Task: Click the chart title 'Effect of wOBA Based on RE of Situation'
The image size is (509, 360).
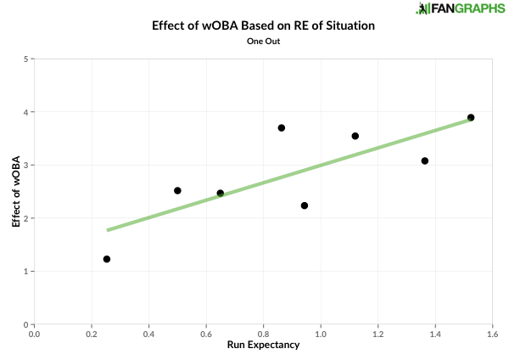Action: click(x=263, y=25)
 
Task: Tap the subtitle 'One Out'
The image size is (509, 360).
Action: click(x=263, y=42)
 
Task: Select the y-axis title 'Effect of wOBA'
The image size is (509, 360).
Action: click(x=16, y=191)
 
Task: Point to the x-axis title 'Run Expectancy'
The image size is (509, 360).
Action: click(x=263, y=346)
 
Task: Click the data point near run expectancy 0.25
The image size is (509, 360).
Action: click(x=107, y=259)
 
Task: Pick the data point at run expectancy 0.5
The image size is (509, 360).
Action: click(x=177, y=191)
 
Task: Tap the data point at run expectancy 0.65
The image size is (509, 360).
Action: click(x=221, y=194)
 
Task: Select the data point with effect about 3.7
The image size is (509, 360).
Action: click(x=282, y=128)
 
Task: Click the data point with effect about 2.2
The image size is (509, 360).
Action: click(x=305, y=205)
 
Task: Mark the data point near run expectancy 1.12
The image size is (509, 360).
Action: click(x=355, y=136)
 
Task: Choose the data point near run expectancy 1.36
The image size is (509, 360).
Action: click(x=425, y=160)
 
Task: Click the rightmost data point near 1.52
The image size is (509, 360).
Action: click(x=471, y=118)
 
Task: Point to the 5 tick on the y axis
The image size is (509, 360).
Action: click(x=25, y=59)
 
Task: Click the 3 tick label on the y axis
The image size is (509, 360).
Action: click(x=25, y=166)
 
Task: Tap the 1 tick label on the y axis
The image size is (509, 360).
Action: click(x=25, y=272)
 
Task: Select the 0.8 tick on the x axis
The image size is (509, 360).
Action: click(x=263, y=334)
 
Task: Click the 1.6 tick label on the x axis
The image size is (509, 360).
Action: click(x=491, y=334)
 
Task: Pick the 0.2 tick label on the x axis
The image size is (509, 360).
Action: click(x=92, y=334)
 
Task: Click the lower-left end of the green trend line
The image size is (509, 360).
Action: click(x=109, y=229)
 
